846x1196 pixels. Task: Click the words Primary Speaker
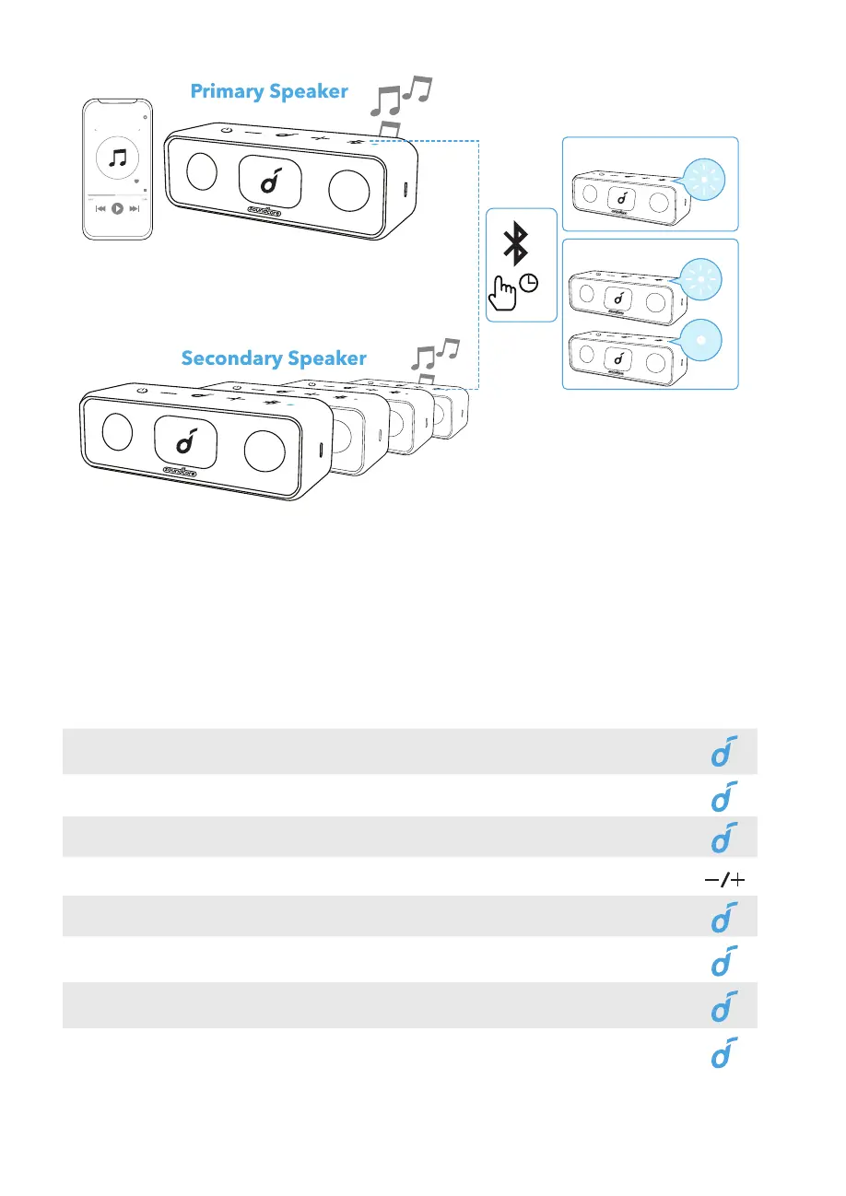[x=268, y=91]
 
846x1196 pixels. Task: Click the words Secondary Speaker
[x=274, y=358]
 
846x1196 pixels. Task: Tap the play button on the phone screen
[x=117, y=209]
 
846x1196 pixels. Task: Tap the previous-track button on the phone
[x=100, y=209]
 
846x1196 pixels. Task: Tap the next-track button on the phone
[x=135, y=209]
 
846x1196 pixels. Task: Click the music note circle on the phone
[x=117, y=158]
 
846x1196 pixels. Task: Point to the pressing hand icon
[x=505, y=294]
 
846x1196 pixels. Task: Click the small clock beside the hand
[x=530, y=285]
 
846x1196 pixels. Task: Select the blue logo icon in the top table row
[x=725, y=751]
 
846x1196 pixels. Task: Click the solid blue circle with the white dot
[x=702, y=338]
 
